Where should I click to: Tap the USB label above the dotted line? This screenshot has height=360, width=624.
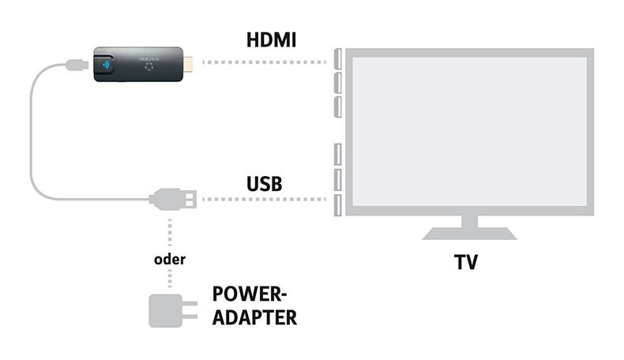[265, 184]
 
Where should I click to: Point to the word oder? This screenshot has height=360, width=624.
[170, 259]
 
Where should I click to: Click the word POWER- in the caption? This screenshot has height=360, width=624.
[250, 294]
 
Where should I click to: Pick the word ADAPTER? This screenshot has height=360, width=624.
[254, 317]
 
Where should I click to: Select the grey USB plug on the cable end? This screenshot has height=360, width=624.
[173, 199]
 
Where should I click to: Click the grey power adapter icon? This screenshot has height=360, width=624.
[164, 309]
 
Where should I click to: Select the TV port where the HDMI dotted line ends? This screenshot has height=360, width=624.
[337, 62]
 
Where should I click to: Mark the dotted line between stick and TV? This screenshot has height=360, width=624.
[265, 62]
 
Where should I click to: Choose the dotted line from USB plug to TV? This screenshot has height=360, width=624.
[265, 199]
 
